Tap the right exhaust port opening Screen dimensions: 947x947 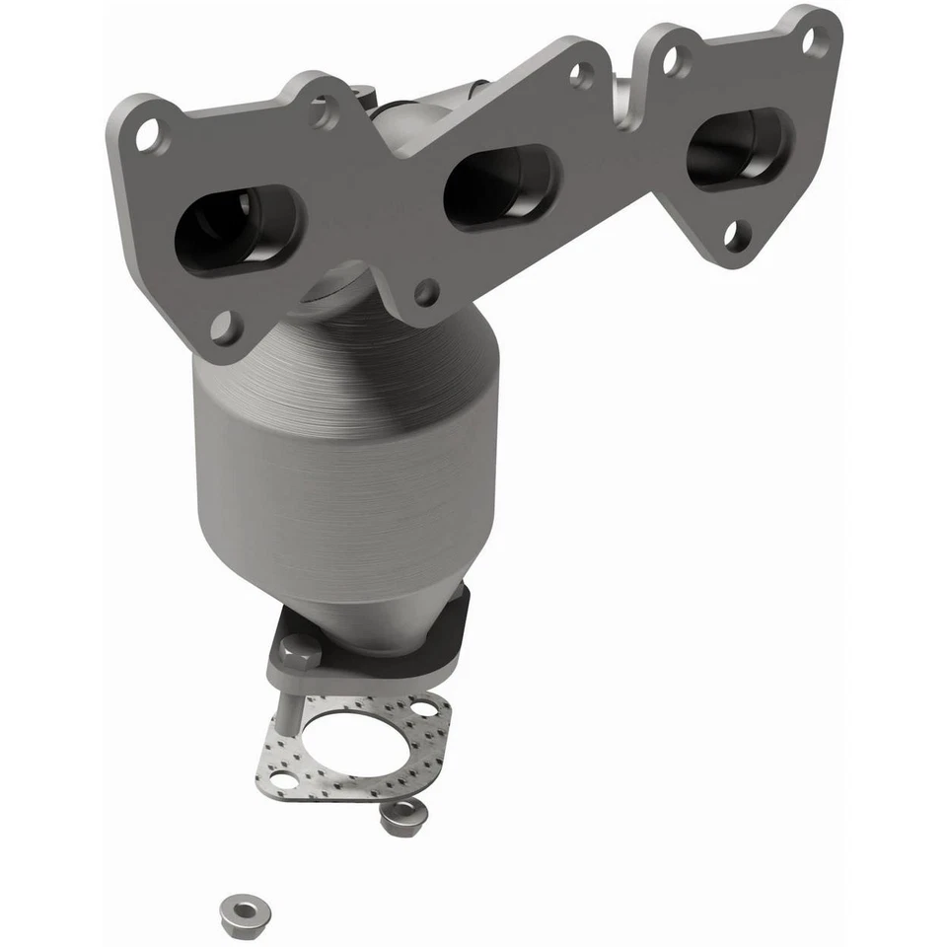[x=739, y=149]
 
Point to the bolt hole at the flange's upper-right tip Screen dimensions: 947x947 [x=814, y=41]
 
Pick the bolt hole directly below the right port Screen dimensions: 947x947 [x=734, y=235]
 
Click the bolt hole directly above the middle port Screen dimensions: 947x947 [x=582, y=73]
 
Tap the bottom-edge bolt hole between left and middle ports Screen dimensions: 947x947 [x=426, y=291]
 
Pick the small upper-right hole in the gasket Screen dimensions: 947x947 [x=425, y=708]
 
